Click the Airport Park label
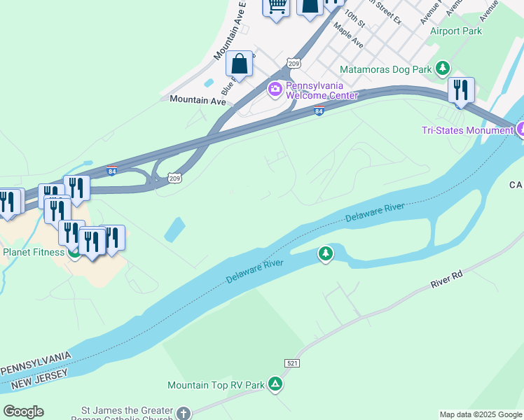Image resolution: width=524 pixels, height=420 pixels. point(456,31)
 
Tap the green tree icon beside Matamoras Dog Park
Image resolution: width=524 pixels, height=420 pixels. point(442,69)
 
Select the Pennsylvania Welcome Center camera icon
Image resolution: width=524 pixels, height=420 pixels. point(275,88)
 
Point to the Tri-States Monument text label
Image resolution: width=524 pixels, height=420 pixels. point(467,130)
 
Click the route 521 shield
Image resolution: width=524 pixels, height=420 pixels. point(293,363)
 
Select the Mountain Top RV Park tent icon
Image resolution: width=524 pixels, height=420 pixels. point(276,384)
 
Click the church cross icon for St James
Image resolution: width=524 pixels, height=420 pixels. point(184,413)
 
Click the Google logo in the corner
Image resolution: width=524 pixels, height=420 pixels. point(23,412)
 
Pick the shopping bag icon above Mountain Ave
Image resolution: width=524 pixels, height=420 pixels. point(240,64)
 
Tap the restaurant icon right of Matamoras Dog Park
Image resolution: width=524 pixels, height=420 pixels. point(461,90)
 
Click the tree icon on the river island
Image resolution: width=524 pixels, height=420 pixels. point(325,253)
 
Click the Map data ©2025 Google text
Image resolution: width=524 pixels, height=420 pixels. point(481,414)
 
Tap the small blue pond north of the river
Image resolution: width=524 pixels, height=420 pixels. point(174,230)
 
